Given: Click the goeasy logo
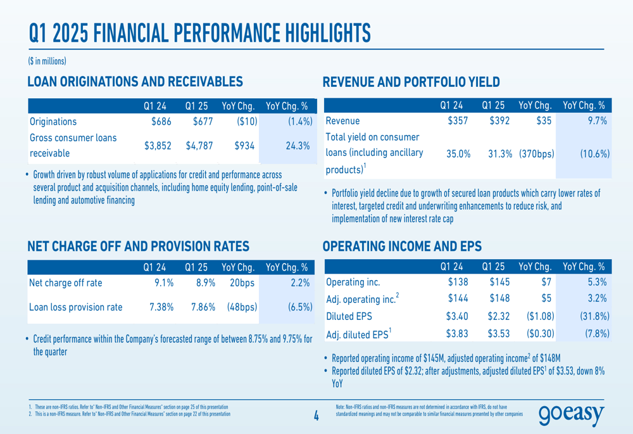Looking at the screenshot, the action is point(571,414).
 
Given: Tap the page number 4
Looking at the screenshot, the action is point(316,416).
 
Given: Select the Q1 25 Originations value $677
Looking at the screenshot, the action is point(203,122).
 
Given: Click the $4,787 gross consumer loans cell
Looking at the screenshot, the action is point(199,146).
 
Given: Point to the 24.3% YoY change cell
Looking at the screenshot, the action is point(298,146).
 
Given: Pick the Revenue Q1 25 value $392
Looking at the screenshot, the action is point(499,121).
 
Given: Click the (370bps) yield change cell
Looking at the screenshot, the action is point(537,154).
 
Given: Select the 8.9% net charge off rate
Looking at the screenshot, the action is point(206,283).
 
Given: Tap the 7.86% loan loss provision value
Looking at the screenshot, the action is point(203,307).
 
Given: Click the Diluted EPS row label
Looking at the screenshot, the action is point(349,316).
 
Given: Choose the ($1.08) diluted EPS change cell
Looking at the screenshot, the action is point(540,316).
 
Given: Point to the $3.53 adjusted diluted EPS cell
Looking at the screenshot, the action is point(499,334).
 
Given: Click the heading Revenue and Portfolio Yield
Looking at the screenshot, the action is point(411,82).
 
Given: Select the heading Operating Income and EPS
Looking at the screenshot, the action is point(402,246).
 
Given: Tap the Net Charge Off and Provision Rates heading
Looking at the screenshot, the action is point(139,246).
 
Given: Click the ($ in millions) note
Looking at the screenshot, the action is point(47,61).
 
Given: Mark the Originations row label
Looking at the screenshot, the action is point(53,122).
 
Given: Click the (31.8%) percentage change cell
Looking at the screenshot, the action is point(594,316).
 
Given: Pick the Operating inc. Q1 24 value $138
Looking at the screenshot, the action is point(458,282).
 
